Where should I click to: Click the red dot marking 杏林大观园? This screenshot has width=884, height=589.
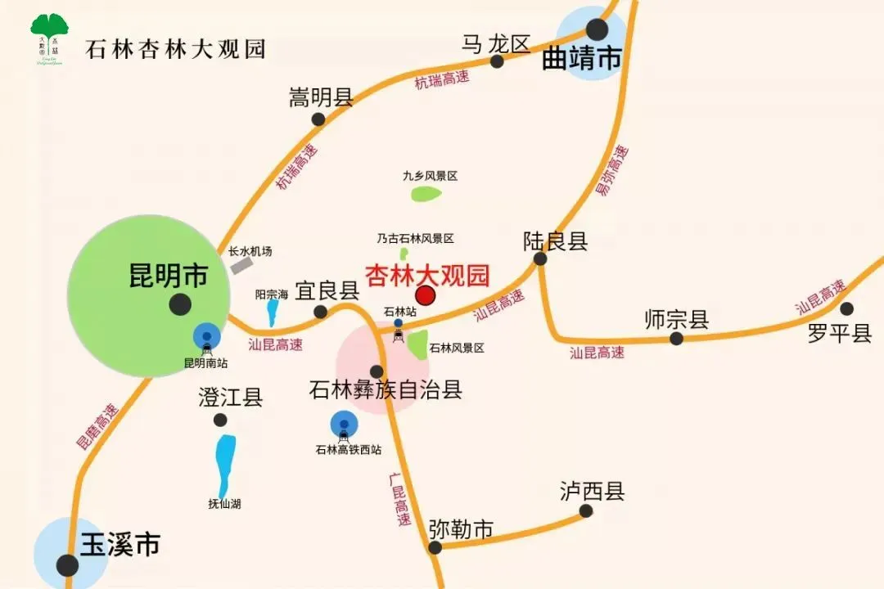click(x=426, y=295)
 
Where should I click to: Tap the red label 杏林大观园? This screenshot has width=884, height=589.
click(x=426, y=273)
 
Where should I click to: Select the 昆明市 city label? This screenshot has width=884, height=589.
click(x=169, y=276)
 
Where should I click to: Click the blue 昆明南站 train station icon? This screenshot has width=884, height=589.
click(x=206, y=337)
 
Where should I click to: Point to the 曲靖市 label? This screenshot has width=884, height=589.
click(x=582, y=59)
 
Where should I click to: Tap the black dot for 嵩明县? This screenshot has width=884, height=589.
click(x=318, y=119)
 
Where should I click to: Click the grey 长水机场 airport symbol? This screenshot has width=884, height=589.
click(x=241, y=264)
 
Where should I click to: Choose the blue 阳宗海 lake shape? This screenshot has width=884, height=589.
click(x=272, y=312)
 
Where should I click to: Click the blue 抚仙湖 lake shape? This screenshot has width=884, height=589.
click(x=224, y=461)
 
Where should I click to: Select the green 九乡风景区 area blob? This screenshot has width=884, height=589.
click(x=426, y=194)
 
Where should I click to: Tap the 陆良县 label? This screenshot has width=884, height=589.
click(x=556, y=241)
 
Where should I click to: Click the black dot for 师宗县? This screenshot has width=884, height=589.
click(x=676, y=338)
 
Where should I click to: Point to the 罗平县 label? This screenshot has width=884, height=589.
click(x=840, y=334)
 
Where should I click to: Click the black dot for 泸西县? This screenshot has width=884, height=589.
click(x=586, y=511)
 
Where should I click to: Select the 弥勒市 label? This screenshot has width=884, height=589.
click(x=461, y=530)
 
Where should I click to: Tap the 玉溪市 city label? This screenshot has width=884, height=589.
click(x=120, y=544)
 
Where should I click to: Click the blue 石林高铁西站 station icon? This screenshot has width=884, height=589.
click(x=344, y=425)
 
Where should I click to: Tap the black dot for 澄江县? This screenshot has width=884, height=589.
click(x=220, y=420)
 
